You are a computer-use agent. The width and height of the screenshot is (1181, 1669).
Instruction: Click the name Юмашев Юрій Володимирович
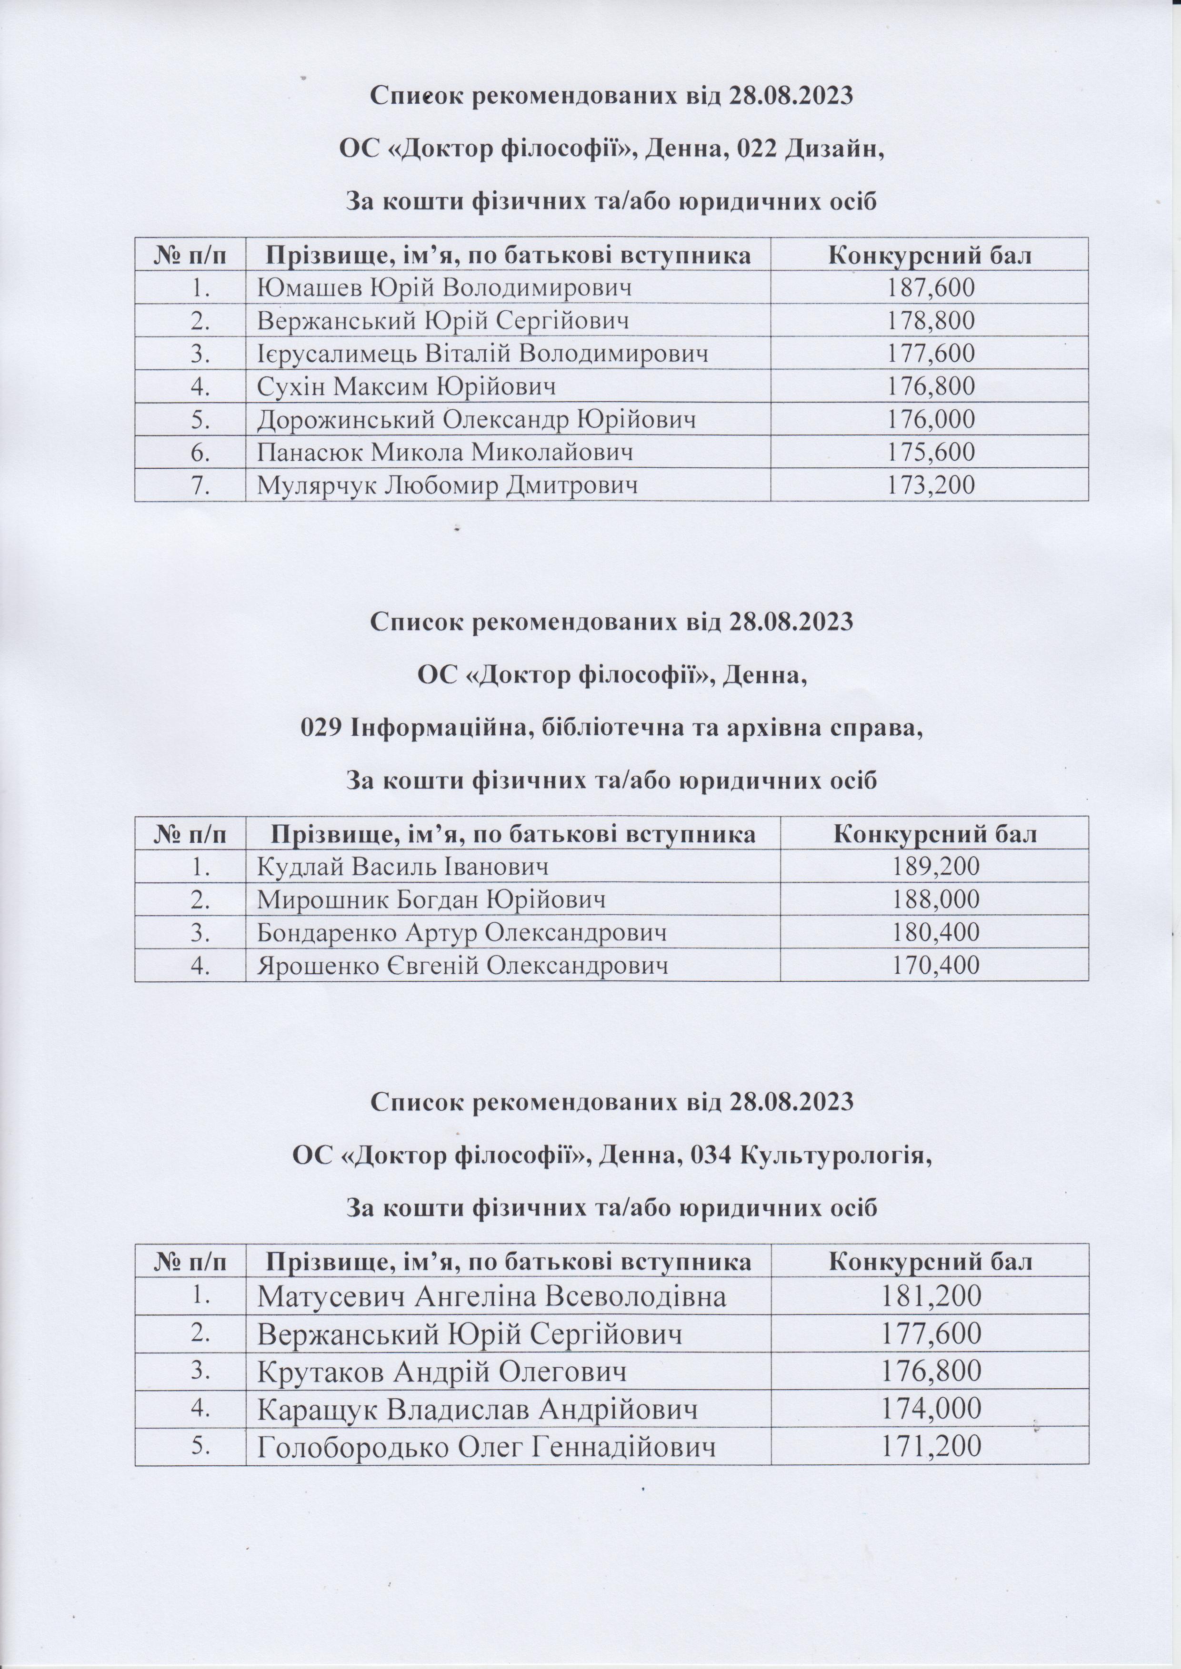tap(444, 288)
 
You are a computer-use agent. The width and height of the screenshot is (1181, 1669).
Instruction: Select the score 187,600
tap(930, 288)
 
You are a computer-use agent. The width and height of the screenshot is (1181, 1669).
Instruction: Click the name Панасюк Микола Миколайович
tap(444, 452)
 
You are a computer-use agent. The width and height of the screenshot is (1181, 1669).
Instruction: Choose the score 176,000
tap(930, 419)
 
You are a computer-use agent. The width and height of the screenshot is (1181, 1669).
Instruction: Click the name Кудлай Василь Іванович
tap(402, 867)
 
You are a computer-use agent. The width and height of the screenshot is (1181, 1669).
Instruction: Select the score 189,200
tap(935, 867)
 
